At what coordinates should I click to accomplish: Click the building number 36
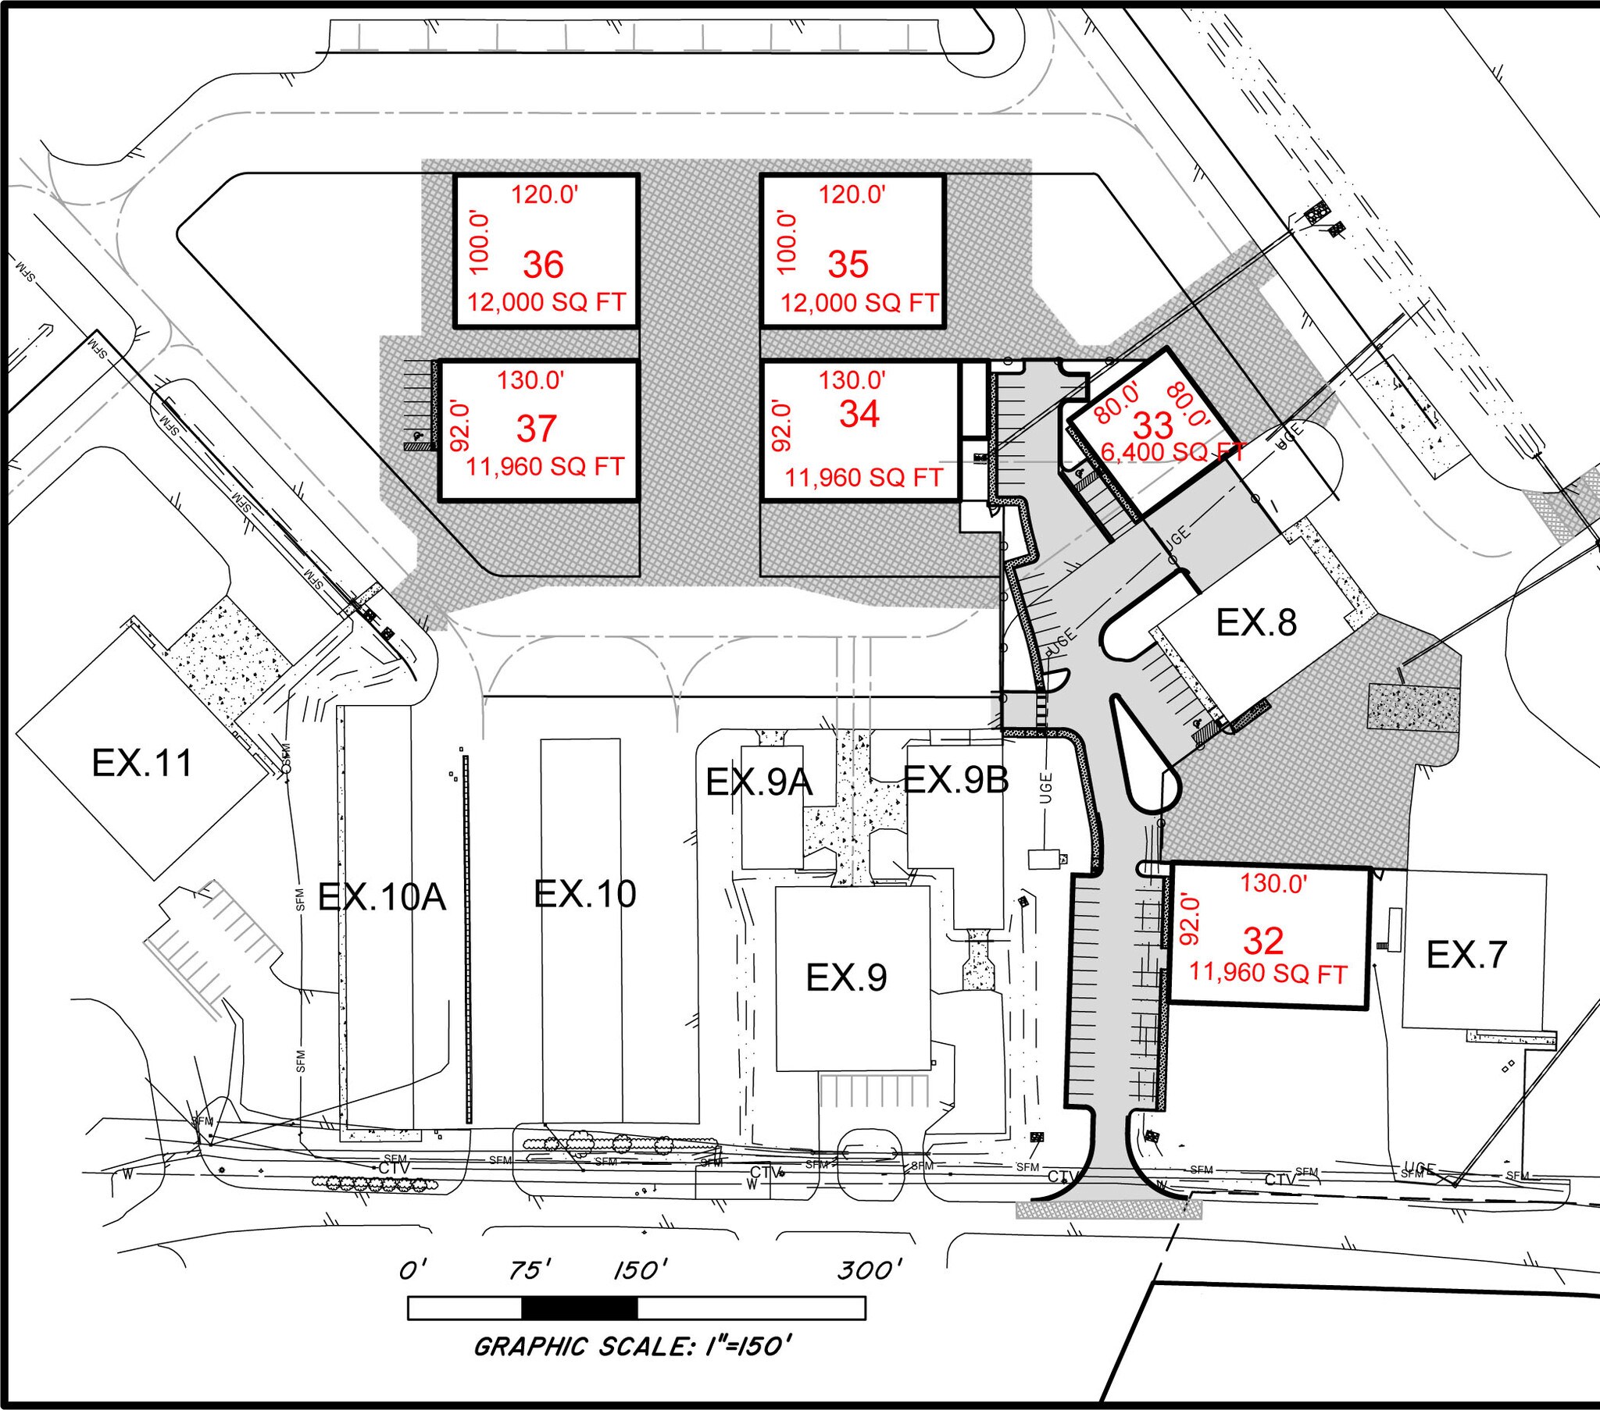pyautogui.click(x=543, y=265)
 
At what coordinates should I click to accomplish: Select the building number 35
pyautogui.click(x=848, y=265)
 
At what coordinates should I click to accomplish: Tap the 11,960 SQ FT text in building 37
pyautogui.click(x=545, y=467)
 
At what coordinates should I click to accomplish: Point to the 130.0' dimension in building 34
pyautogui.click(x=852, y=380)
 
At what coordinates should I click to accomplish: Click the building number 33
pyautogui.click(x=1153, y=426)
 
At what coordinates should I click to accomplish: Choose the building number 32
pyautogui.click(x=1263, y=942)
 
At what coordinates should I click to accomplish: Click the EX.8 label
pyautogui.click(x=1255, y=623)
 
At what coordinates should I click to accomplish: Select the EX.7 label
pyautogui.click(x=1466, y=956)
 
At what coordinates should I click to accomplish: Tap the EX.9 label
pyautogui.click(x=846, y=977)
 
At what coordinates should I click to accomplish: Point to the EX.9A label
pyautogui.click(x=759, y=782)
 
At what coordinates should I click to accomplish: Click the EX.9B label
pyautogui.click(x=955, y=779)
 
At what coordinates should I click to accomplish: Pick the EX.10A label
pyautogui.click(x=382, y=898)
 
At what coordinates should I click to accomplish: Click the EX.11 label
pyautogui.click(x=141, y=763)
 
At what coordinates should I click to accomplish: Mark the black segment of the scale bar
pyautogui.click(x=579, y=1309)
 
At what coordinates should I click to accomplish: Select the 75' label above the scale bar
pyautogui.click(x=530, y=1271)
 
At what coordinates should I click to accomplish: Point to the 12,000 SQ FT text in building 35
pyautogui.click(x=859, y=303)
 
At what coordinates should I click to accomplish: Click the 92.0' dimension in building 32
pyautogui.click(x=1189, y=920)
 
